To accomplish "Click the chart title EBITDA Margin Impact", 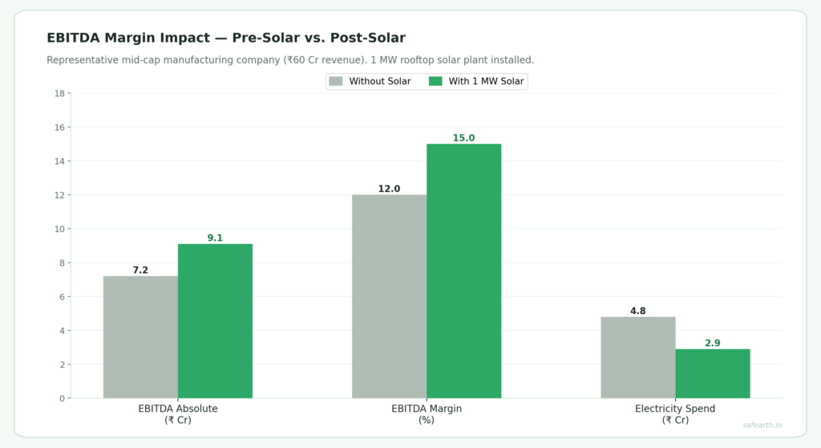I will (x=225, y=38).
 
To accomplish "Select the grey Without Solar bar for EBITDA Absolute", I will (x=140, y=337).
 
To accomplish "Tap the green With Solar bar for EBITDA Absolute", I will (x=215, y=321).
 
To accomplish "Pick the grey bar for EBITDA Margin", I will (x=389, y=296).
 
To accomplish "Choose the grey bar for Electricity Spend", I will (x=637, y=357).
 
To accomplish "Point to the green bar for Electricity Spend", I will (x=712, y=373).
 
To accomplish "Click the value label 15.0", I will (x=463, y=138).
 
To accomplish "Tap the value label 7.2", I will (x=140, y=271).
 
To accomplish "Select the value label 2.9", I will (x=712, y=344).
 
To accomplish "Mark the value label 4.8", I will (x=637, y=312).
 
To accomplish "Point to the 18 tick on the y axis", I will (x=59, y=93).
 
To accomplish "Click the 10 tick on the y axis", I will (x=59, y=229).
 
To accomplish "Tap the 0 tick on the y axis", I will (x=62, y=398).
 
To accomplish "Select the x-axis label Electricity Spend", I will (x=675, y=409).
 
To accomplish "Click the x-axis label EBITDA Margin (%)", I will (x=427, y=413).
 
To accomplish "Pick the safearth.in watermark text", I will (x=762, y=425).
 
